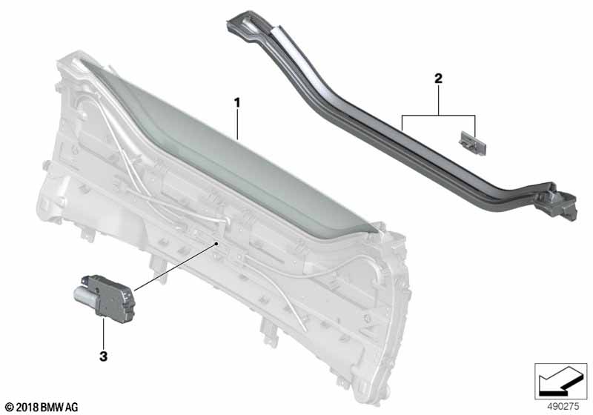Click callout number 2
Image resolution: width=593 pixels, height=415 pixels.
tap(438, 79)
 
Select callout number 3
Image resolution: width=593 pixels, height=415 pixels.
tap(103, 356)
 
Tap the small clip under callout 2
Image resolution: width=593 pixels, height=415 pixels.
tap(472, 143)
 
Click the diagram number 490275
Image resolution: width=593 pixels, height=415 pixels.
tap(563, 407)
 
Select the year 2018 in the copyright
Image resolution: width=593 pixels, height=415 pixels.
tap(27, 408)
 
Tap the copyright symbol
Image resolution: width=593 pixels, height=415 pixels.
tap(9, 408)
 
